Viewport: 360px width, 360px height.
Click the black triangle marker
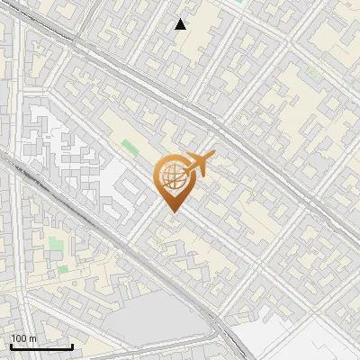(181, 24)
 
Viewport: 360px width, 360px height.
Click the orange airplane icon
(196, 165)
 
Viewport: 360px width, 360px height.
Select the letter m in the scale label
(31, 338)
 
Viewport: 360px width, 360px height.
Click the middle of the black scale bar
(41, 346)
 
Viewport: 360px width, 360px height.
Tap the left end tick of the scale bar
(11, 346)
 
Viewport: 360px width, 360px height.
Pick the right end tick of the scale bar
(72, 346)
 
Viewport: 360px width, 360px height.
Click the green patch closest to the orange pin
(130, 148)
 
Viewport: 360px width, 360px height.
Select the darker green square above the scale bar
(63, 267)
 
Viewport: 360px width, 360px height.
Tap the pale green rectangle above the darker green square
(57, 244)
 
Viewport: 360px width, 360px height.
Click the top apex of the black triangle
(181, 19)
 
